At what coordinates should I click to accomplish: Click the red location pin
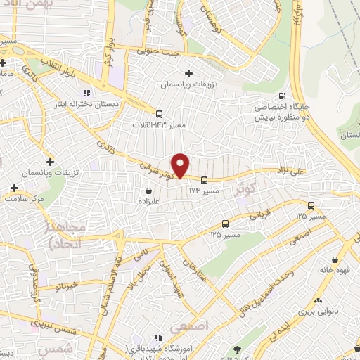click(181, 165)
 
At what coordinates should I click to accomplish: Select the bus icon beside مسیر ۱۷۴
click(204, 179)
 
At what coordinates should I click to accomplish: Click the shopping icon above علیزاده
click(148, 191)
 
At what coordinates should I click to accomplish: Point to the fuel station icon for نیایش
click(282, 96)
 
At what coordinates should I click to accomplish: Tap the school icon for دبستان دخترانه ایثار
click(86, 92)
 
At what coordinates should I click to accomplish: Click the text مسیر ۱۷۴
click(204, 191)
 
